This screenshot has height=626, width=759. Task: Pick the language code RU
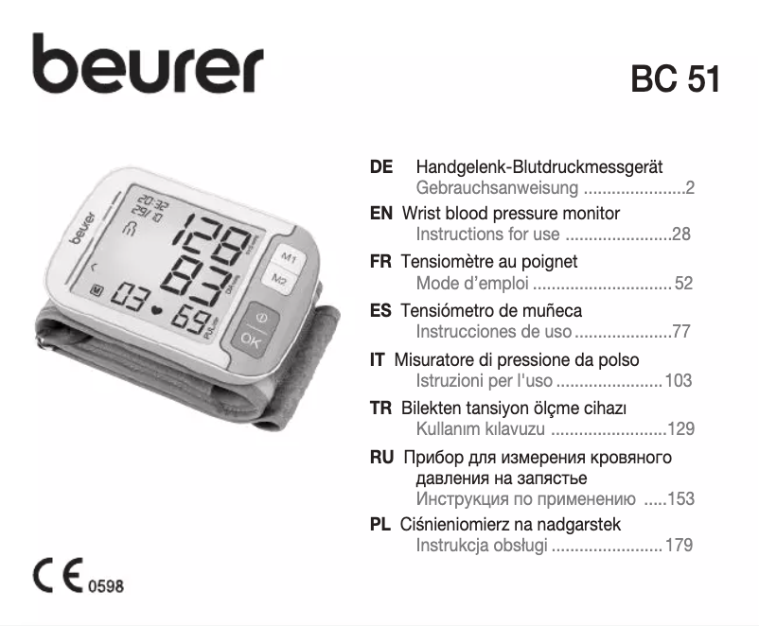click(x=382, y=458)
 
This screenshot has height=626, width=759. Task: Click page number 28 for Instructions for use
click(x=681, y=235)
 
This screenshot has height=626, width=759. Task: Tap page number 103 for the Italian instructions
click(x=679, y=381)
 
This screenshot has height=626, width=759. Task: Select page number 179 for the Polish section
click(x=679, y=546)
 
